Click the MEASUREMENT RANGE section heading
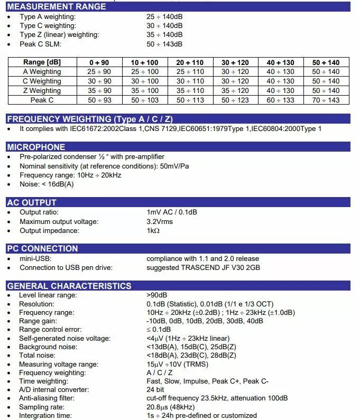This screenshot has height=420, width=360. tap(57, 7)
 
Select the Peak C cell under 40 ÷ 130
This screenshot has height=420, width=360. tap(281, 100)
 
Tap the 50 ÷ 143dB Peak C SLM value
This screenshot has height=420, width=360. tap(164, 44)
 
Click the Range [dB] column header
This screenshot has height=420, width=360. tap(42, 62)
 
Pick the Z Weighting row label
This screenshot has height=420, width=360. tap(42, 90)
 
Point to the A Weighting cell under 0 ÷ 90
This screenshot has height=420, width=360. tap(100, 72)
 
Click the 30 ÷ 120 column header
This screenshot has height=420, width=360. tap(235, 62)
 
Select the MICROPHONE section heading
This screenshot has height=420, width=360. tap(36, 147)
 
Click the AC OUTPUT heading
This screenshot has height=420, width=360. tap(32, 202)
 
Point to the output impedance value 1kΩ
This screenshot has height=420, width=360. tap(153, 231)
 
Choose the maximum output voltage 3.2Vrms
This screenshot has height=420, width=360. tap(160, 221)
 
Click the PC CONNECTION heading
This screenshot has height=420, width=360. tap(42, 248)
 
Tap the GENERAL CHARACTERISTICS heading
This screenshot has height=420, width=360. tap(69, 286)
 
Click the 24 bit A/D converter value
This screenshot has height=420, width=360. tap(155, 390)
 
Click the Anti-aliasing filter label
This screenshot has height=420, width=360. tap(46, 398)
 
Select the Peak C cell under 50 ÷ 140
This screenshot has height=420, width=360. tap(326, 100)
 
